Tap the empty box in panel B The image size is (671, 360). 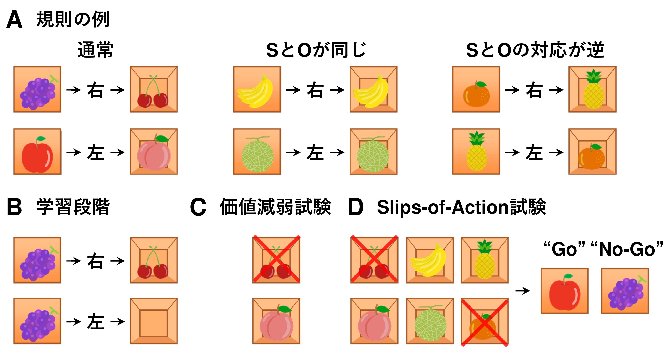[x=154, y=321]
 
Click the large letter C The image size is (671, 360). [x=198, y=208]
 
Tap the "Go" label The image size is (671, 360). [x=564, y=249]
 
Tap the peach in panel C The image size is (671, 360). [x=276, y=322]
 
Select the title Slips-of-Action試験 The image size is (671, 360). [x=461, y=208]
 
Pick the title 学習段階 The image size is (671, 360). [x=73, y=208]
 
